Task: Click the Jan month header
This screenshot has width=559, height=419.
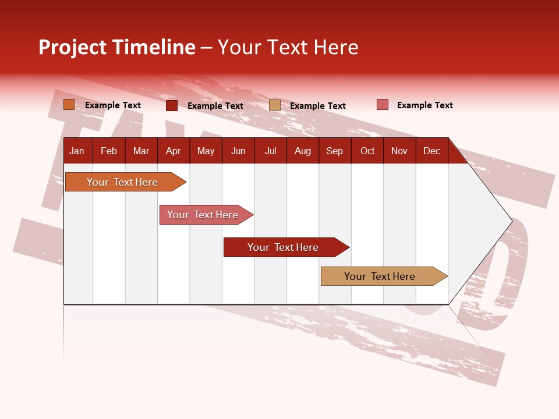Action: coord(77,151)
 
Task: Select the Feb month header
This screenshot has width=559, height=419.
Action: coord(109,151)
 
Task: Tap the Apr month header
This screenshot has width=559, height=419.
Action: coord(173,151)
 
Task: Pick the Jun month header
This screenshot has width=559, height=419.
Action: coord(238,151)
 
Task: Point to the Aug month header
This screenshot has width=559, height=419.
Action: coord(303,151)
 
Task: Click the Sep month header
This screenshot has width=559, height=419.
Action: coord(334,151)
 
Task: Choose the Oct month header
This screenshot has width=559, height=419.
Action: coord(367,151)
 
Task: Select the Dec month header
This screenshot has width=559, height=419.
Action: coord(431,151)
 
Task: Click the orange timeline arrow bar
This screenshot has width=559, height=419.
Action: coord(122,182)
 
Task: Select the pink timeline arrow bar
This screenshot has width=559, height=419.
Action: coord(203,215)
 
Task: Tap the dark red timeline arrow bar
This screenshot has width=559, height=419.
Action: coord(283,247)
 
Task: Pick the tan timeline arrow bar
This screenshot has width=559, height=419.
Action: coord(380,276)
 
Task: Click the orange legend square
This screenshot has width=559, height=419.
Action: coord(69,105)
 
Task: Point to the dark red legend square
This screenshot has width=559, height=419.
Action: coord(172,105)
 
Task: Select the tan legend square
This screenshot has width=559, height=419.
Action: coord(275,105)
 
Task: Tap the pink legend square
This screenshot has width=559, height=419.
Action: coord(383,105)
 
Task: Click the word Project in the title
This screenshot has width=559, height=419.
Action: coord(73,47)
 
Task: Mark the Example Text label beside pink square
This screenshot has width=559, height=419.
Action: coord(424,105)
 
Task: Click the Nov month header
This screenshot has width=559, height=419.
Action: coord(399,151)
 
